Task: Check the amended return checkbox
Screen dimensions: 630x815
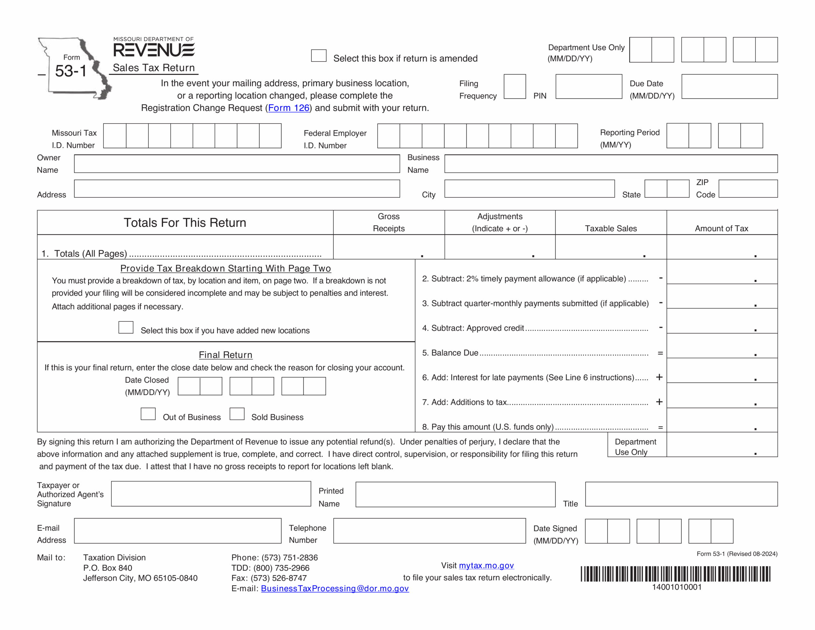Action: point(319,56)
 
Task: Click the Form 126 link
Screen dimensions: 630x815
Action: point(289,108)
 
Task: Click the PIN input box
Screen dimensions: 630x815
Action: point(588,87)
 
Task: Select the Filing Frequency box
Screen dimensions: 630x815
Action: point(514,87)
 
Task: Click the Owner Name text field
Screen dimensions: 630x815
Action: point(237,164)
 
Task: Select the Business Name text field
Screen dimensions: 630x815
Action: point(611,164)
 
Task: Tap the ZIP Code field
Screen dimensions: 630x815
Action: point(748,189)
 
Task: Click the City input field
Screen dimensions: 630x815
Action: point(529,189)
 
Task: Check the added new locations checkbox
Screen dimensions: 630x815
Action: point(126,327)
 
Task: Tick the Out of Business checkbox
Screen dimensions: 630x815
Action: point(148,414)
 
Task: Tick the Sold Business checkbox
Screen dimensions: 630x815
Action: point(237,414)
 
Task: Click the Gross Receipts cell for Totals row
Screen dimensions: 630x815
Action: point(388,247)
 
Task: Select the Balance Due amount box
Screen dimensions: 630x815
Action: point(722,346)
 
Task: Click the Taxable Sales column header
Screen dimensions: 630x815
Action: point(611,228)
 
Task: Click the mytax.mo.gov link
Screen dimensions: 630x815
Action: point(486,565)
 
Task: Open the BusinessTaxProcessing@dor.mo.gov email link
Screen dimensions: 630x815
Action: point(335,589)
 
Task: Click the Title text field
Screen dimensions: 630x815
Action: point(681,494)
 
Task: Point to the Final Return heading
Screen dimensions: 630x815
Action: point(225,355)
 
